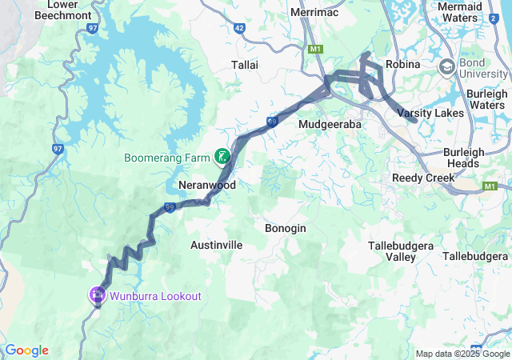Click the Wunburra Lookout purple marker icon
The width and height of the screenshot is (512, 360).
98,295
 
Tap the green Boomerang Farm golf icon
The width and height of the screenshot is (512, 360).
222,157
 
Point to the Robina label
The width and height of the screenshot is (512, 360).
402,64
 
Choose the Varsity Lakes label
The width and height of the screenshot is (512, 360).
433,113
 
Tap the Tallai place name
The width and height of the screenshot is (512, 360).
245,65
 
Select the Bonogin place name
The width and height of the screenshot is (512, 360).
285,228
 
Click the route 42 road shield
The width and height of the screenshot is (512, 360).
240,27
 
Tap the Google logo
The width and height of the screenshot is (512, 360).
26,350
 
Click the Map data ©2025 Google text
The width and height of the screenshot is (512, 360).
462,354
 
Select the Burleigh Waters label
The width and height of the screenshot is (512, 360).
487,99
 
